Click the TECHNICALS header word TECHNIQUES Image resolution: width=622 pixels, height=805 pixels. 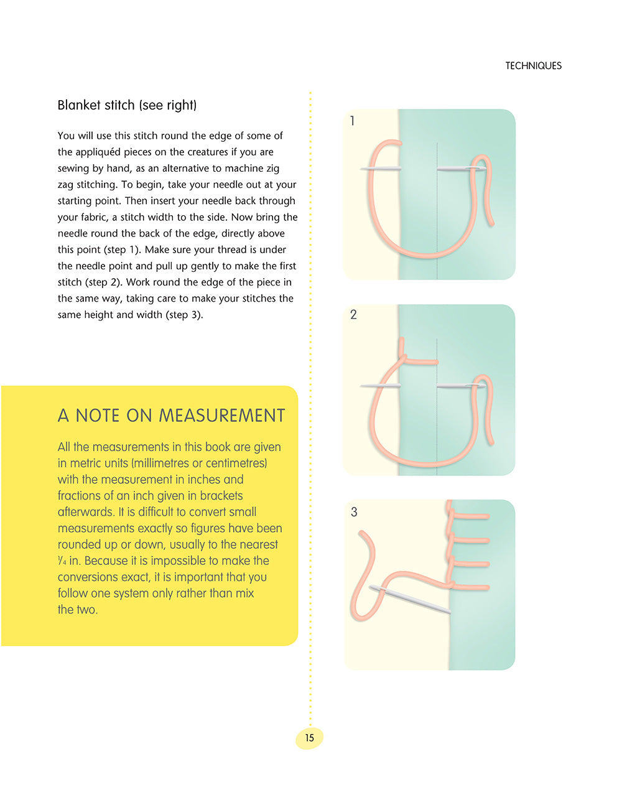pyautogui.click(x=533, y=66)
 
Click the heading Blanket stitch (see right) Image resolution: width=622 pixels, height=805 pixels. pyautogui.click(x=127, y=105)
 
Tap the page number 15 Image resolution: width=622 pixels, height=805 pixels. pyautogui.click(x=309, y=738)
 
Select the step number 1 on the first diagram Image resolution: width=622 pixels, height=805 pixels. pyautogui.click(x=353, y=121)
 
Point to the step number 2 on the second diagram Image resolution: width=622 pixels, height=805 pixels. pyautogui.click(x=353, y=315)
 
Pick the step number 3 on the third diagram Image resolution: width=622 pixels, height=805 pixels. pyautogui.click(x=354, y=512)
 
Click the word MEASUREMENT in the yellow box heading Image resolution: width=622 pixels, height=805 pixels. pyautogui.click(x=222, y=416)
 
